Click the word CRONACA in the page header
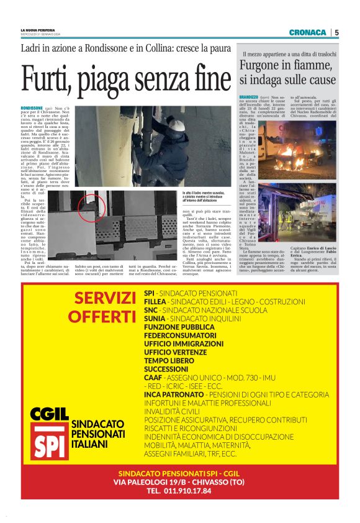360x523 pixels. tap(307, 32)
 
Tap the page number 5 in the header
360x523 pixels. tap(336, 32)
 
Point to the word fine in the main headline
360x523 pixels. tap(203, 78)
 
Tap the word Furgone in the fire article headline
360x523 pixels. tap(263, 66)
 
